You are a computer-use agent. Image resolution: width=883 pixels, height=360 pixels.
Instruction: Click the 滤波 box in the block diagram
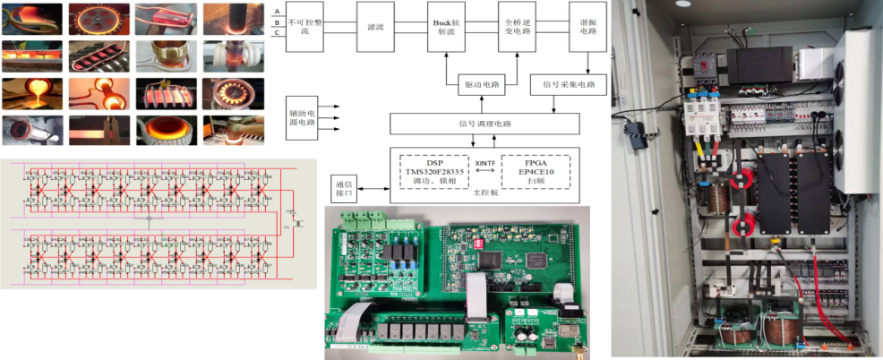pos(375,29)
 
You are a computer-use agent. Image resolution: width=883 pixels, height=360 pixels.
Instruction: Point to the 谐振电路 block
pos(587,29)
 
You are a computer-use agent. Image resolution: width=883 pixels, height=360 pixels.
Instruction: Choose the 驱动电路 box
pos(482,85)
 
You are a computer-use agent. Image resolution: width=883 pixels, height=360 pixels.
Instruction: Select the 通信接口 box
pos(344,187)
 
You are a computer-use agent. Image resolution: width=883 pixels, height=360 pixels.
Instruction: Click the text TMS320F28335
pos(435,172)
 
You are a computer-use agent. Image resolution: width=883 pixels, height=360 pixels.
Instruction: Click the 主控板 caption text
pos(485,194)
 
